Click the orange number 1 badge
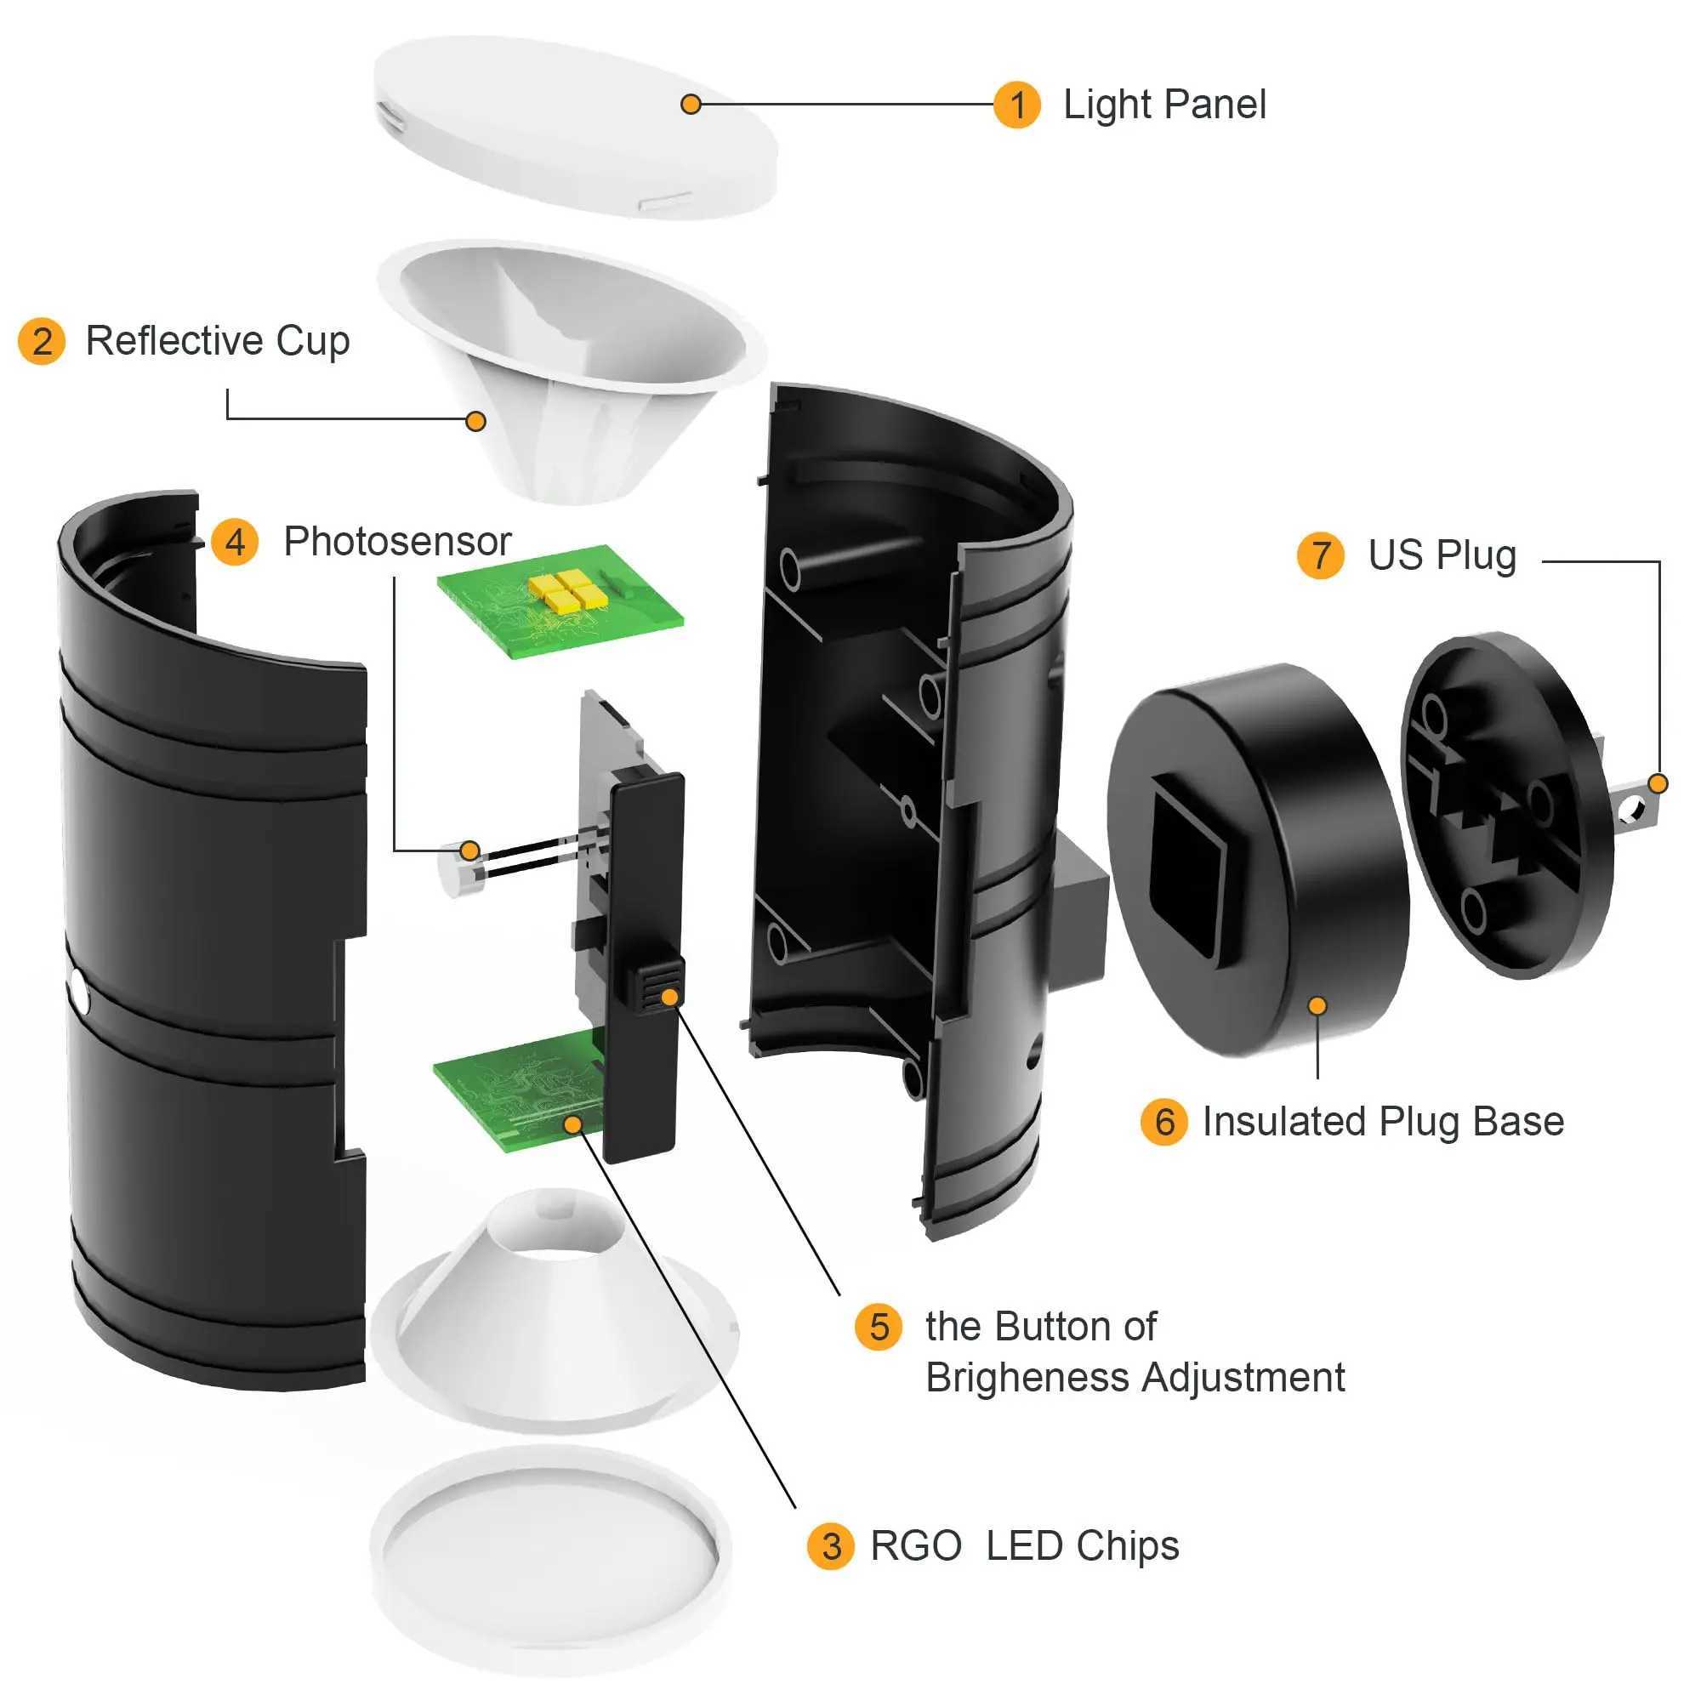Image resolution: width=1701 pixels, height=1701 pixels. tap(1017, 105)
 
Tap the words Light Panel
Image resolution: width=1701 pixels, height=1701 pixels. tap(1164, 105)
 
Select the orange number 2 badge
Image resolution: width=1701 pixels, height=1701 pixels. tap(42, 342)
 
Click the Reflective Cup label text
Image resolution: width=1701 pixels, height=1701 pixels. tap(218, 341)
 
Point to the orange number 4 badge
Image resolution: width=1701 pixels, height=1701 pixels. tap(235, 542)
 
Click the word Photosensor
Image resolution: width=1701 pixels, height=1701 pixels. tap(397, 542)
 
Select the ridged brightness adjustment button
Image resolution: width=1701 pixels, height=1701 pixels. tap(655, 985)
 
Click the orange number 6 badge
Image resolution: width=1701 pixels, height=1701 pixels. tap(1164, 1122)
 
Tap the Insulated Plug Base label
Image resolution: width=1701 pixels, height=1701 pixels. tap(1382, 1122)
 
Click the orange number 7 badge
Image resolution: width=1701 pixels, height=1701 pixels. tap(1320, 555)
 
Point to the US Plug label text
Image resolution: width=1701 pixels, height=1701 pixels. tap(1442, 555)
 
